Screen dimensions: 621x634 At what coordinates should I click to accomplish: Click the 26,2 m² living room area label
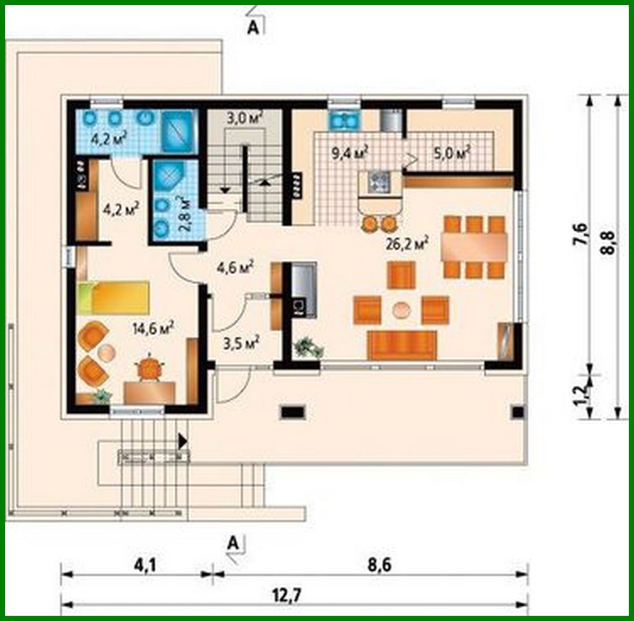pyautogui.click(x=406, y=244)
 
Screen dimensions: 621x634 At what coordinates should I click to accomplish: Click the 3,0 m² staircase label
pyautogui.click(x=244, y=119)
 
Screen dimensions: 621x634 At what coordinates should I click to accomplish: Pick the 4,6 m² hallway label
pyautogui.click(x=235, y=267)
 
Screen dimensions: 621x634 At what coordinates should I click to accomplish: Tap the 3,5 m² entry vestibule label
pyautogui.click(x=241, y=343)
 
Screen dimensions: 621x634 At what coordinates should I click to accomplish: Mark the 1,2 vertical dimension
pyautogui.click(x=580, y=393)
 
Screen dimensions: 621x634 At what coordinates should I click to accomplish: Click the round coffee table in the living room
pyautogui.click(x=402, y=309)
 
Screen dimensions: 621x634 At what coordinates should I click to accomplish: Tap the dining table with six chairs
pyautogui.click(x=474, y=246)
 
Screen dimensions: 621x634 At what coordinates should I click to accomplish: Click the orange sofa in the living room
pyautogui.click(x=402, y=345)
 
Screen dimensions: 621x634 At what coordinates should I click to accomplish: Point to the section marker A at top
pyautogui.click(x=253, y=28)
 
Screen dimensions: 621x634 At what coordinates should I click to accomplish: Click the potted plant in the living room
pyautogui.click(x=309, y=346)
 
